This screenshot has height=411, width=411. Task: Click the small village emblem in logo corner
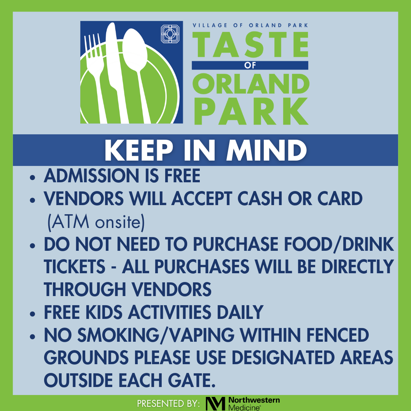coord(170,34)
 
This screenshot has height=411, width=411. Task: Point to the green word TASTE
coord(250,45)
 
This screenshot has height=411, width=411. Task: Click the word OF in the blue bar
coord(250,65)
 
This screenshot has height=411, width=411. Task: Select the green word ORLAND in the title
coord(251,84)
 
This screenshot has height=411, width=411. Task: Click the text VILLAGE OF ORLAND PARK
coord(250,25)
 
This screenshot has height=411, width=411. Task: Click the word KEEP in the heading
coord(139,150)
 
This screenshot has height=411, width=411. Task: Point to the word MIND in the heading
coord(266,150)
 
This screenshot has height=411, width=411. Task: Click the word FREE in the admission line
coord(182,175)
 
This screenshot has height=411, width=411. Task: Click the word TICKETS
coord(75,267)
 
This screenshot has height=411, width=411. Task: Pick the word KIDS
coord(104,312)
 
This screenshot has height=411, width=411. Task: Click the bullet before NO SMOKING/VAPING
coord(32,336)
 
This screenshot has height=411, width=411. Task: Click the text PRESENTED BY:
coord(168,403)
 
